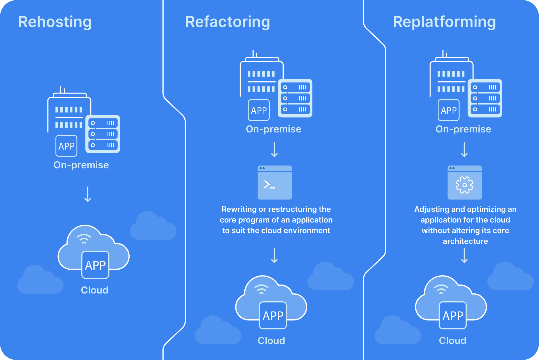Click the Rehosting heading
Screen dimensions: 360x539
tap(55, 22)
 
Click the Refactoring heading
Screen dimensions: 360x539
tap(228, 22)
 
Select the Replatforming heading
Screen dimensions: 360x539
tap(444, 22)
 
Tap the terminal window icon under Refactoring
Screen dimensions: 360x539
tap(274, 183)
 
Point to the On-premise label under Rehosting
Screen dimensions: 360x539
tap(81, 165)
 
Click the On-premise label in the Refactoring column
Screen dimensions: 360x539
tap(274, 129)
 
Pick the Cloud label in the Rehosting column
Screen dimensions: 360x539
tap(95, 290)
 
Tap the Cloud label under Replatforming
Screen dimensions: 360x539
tap(453, 341)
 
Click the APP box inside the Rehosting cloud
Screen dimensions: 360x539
tap(95, 265)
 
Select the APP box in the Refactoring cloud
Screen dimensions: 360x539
tap(273, 315)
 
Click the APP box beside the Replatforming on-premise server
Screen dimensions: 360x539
tap(449, 110)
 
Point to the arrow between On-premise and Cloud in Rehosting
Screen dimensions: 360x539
tap(88, 194)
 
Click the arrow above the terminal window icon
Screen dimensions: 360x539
tap(274, 149)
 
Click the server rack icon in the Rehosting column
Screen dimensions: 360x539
tap(103, 134)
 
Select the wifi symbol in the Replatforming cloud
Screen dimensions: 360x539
tap(441, 289)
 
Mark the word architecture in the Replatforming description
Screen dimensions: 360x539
tap(465, 241)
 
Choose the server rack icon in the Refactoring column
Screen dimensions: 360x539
tap(295, 98)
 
